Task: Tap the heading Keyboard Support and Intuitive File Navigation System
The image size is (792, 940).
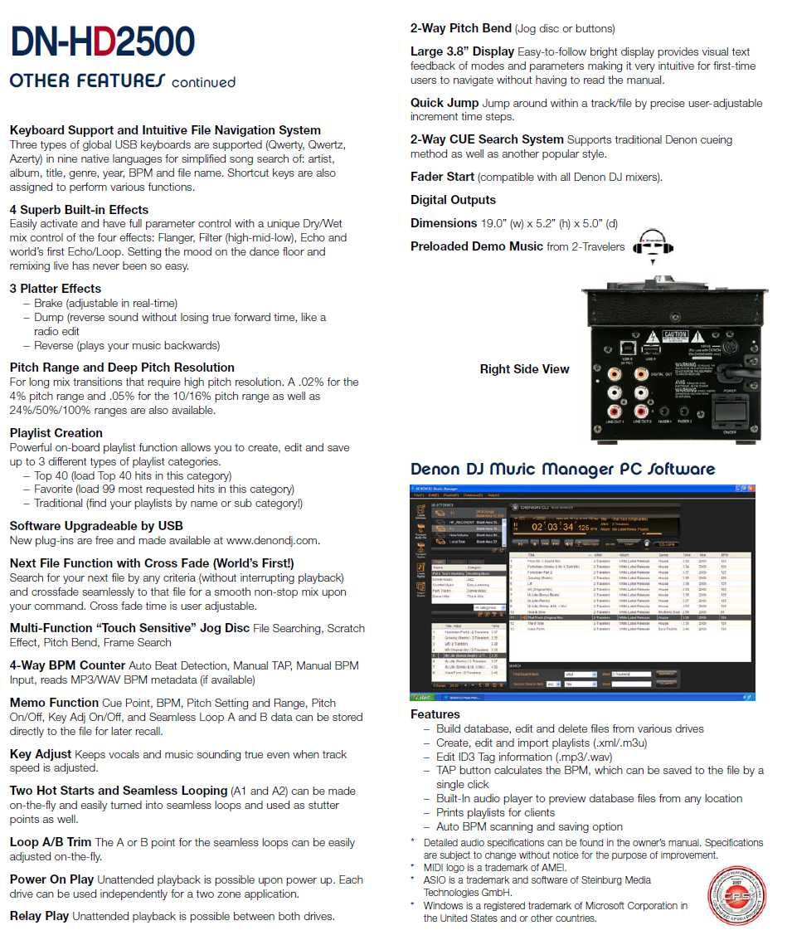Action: pyautogui.click(x=165, y=130)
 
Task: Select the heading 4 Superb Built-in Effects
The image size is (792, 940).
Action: pyautogui.click(x=79, y=210)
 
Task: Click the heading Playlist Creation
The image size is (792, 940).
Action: pyautogui.click(x=56, y=433)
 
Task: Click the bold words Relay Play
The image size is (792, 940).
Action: pyautogui.click(x=39, y=916)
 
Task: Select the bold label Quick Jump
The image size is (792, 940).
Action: pyautogui.click(x=445, y=103)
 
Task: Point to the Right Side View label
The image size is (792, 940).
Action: pyautogui.click(x=524, y=369)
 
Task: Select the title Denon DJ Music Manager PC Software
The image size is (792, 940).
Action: pyautogui.click(x=562, y=470)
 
